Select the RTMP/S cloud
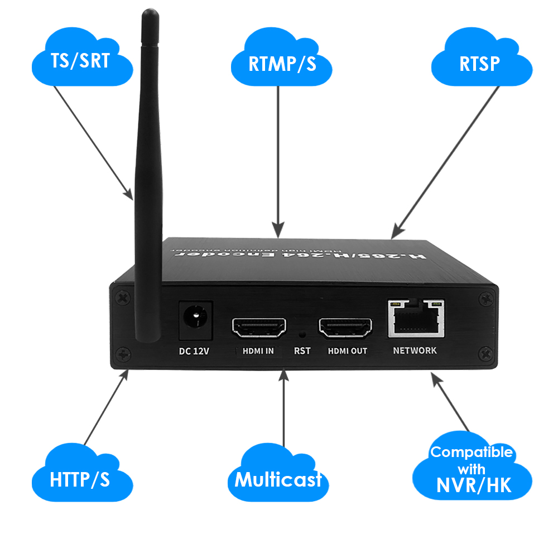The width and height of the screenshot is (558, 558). point(282,62)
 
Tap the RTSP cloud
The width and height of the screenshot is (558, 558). point(480,62)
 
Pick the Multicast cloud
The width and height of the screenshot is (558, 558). point(278,479)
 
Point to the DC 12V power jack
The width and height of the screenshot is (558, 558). point(195,320)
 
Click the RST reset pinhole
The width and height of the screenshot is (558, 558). point(302,334)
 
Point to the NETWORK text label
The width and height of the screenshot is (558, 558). point(415,351)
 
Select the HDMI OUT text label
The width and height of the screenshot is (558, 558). point(347,351)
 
